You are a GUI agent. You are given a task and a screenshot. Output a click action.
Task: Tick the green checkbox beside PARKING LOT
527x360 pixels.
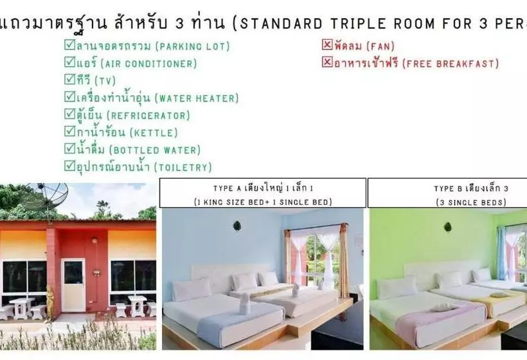click(x=69, y=46)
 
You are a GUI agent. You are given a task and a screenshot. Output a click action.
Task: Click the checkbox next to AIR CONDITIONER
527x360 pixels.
click(x=69, y=63)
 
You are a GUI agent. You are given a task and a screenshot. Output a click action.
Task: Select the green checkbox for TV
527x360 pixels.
click(x=69, y=80)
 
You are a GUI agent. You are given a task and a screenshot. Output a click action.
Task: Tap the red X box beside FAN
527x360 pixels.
click(x=327, y=46)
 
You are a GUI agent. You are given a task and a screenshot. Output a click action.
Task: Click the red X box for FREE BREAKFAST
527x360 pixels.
click(x=327, y=63)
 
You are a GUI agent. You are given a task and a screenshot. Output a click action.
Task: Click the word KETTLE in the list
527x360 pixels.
click(x=154, y=133)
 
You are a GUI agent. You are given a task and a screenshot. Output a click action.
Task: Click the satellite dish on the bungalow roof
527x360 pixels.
click(x=48, y=196)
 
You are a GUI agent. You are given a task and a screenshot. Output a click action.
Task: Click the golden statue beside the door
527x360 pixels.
click(x=49, y=302)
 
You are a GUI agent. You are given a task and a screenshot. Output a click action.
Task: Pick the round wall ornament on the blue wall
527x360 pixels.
click(x=237, y=226)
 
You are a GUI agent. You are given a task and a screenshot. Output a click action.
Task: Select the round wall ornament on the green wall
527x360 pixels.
click(x=447, y=227)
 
